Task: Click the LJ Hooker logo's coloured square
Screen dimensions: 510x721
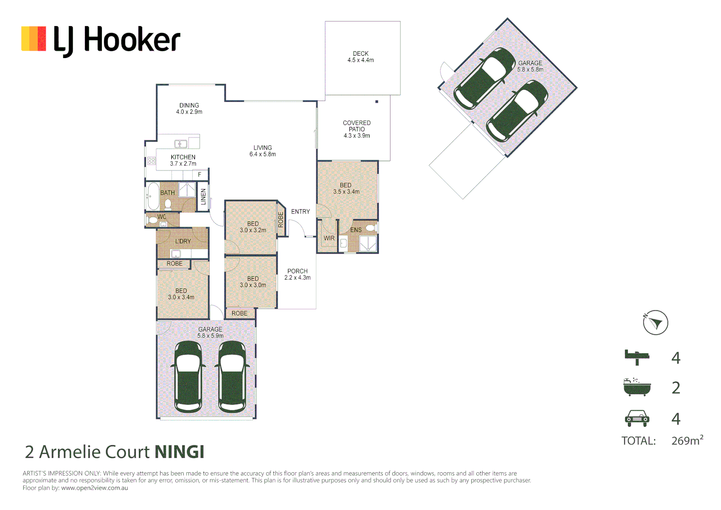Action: tap(34, 39)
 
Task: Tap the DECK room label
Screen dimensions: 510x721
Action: tap(360, 57)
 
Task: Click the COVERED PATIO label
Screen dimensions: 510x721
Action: tap(356, 129)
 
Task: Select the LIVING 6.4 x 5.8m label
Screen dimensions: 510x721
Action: tap(263, 151)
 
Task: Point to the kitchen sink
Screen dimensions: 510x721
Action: tap(180, 144)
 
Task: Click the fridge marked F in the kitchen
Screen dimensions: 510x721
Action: tap(200, 175)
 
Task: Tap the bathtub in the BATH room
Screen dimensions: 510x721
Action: tap(153, 196)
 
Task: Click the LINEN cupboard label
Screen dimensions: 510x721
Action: tap(204, 196)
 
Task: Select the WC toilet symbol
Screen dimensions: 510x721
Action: tap(152, 220)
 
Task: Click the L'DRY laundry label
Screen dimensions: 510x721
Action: tap(183, 241)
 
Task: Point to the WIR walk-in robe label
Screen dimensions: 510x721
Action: tap(329, 238)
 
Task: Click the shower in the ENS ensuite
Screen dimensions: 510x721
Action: tap(368, 244)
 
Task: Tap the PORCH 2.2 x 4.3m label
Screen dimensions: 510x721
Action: tap(297, 274)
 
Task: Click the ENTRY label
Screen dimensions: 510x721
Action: tap(300, 212)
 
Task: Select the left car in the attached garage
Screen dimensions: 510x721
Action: tap(188, 376)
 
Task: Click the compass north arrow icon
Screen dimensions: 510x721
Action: tap(655, 323)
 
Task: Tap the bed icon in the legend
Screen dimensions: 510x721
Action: tap(636, 357)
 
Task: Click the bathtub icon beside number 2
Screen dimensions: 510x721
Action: tap(636, 387)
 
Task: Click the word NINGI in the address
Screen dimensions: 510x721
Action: tap(179, 452)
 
